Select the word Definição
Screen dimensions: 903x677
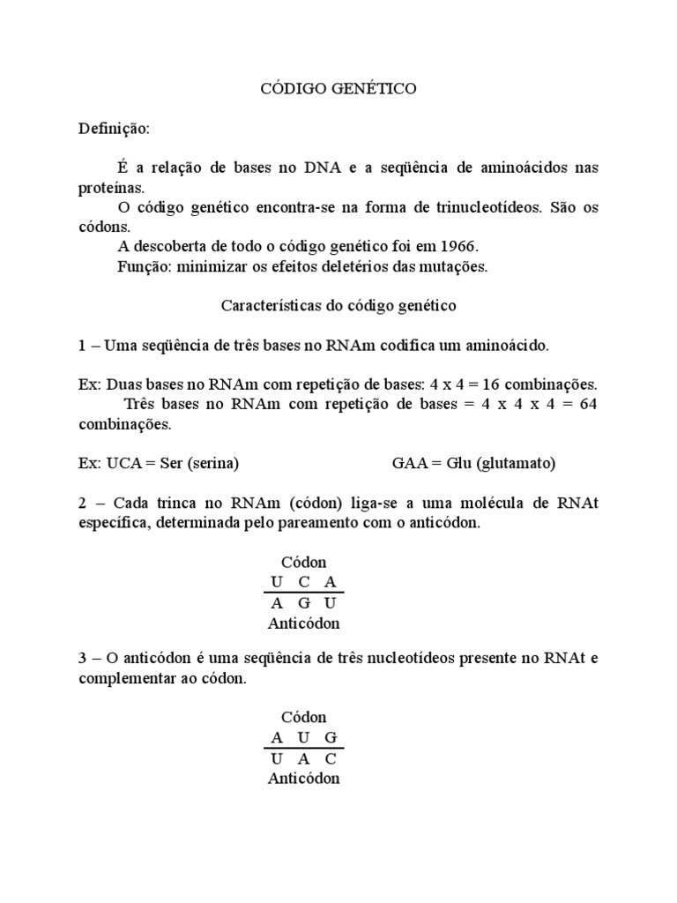pos(114,130)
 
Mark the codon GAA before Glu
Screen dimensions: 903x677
pos(409,463)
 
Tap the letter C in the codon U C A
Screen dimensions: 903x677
pos(304,582)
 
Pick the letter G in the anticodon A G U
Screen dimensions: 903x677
pos(304,603)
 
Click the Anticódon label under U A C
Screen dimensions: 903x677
pos(303,778)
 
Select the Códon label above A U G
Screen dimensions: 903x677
pos(303,717)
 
